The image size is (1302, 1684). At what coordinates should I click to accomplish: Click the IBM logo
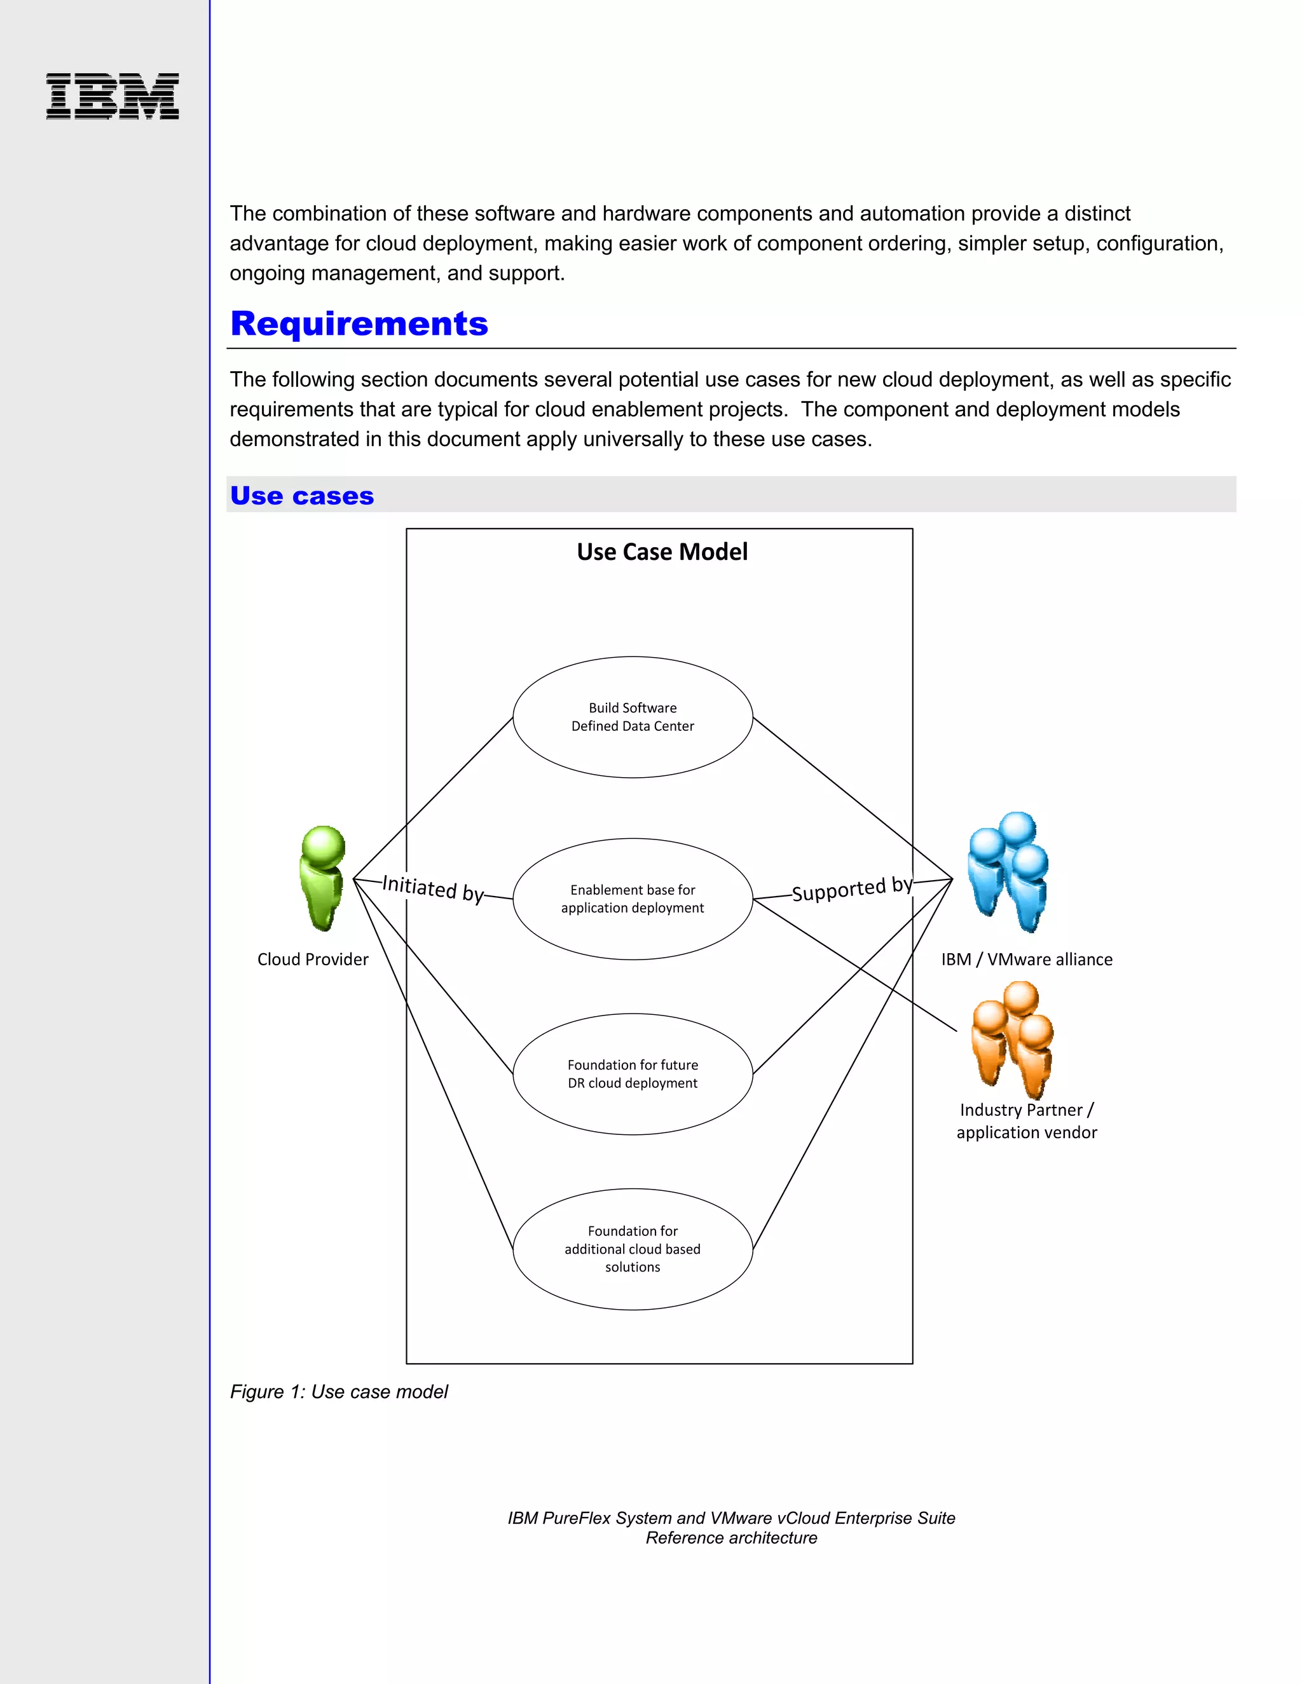click(113, 97)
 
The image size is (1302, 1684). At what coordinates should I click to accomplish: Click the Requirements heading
click(359, 324)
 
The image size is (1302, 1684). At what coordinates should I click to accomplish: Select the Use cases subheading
click(301, 496)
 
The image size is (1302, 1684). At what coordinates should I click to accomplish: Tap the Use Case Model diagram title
click(662, 552)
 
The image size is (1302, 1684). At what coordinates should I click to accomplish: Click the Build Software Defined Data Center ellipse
click(633, 717)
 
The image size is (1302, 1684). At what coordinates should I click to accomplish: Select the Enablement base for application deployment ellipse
click(633, 899)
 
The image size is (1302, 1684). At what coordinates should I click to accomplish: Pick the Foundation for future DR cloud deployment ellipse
click(633, 1074)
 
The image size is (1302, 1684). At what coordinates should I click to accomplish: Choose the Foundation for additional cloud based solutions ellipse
click(633, 1249)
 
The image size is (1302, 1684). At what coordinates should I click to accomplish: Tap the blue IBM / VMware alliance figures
click(1009, 871)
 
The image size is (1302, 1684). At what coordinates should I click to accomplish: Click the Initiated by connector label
click(433, 888)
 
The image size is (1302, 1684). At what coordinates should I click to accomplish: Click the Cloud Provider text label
click(312, 959)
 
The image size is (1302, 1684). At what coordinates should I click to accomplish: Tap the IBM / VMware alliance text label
click(1027, 959)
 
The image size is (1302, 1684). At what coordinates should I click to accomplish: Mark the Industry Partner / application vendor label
click(1027, 1121)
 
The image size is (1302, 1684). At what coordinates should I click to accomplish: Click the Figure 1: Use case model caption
click(339, 1392)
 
